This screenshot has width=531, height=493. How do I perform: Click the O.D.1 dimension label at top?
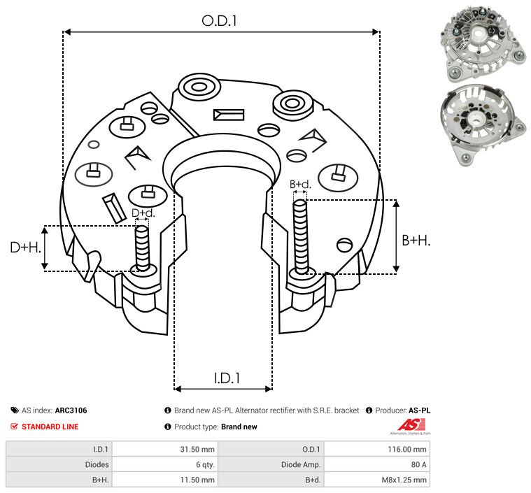[x=219, y=21]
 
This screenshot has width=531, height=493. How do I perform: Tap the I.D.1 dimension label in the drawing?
[x=227, y=378]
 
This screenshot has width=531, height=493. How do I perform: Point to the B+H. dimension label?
[x=416, y=241]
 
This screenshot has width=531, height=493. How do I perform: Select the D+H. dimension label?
[x=26, y=248]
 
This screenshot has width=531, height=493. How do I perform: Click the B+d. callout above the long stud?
[x=300, y=184]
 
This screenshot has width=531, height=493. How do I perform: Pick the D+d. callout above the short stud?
[x=143, y=213]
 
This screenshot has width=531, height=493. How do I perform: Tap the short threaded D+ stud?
[x=142, y=248]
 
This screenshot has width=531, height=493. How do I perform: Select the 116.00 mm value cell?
[x=407, y=450]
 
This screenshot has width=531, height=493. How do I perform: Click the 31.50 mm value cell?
[x=197, y=450]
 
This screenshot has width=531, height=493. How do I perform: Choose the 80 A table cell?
[x=418, y=464]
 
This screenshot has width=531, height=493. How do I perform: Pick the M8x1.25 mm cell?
[x=404, y=480]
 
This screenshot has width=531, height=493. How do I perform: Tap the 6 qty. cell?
[x=205, y=464]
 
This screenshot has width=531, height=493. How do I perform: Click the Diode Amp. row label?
[x=301, y=464]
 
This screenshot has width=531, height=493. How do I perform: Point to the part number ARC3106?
[x=71, y=410]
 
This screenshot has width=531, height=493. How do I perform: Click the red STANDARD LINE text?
[x=50, y=427]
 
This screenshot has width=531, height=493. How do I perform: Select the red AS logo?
[x=411, y=425]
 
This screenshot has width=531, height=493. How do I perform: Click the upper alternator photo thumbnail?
[x=483, y=44]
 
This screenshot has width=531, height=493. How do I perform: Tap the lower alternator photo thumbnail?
[x=483, y=125]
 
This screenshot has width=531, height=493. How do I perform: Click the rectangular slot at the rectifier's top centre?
[x=229, y=115]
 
